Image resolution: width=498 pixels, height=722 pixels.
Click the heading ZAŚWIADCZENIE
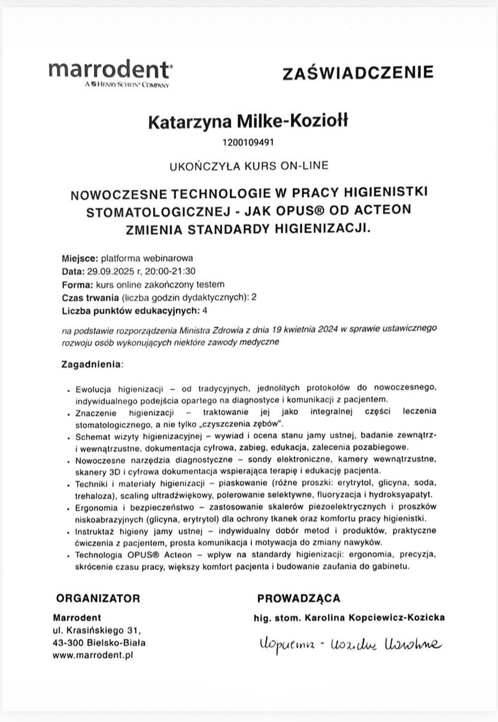[357, 73]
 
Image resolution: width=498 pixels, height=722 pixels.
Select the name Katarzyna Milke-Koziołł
[247, 122]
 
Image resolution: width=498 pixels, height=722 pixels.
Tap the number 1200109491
[248, 142]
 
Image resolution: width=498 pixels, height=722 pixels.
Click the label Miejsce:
[79, 259]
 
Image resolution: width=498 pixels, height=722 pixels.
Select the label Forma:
[77, 284]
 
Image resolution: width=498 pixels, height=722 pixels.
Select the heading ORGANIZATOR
[98, 598]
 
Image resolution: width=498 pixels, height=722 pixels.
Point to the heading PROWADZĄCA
[299, 598]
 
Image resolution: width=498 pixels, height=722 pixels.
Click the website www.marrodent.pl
[93, 655]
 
